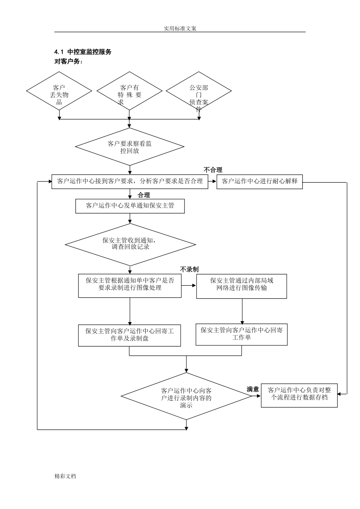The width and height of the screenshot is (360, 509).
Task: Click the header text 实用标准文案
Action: click(180, 28)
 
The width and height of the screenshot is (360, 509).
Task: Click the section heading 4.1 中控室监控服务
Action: click(83, 52)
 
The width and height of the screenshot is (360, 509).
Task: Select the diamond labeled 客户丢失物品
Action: click(59, 91)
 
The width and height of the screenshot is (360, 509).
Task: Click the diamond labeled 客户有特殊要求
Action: click(130, 91)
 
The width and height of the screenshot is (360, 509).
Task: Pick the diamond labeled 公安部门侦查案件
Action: click(199, 91)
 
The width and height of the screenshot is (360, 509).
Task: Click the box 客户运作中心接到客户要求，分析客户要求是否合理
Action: click(130, 181)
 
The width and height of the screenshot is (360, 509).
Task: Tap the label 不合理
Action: click(213, 170)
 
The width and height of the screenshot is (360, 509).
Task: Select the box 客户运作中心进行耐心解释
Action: click(260, 181)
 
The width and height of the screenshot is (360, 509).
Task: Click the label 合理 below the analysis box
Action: click(144, 195)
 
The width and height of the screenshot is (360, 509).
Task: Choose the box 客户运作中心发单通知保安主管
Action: click(130, 206)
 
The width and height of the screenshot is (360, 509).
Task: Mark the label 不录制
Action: click(189, 269)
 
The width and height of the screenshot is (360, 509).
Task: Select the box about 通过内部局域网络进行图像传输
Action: click(241, 286)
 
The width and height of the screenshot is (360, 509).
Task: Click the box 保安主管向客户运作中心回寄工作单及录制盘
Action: click(130, 335)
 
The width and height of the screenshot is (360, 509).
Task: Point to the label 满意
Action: click(253, 389)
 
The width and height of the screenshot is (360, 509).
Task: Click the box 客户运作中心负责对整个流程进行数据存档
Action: click(299, 394)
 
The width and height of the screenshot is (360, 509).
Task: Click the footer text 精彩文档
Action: click(66, 476)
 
